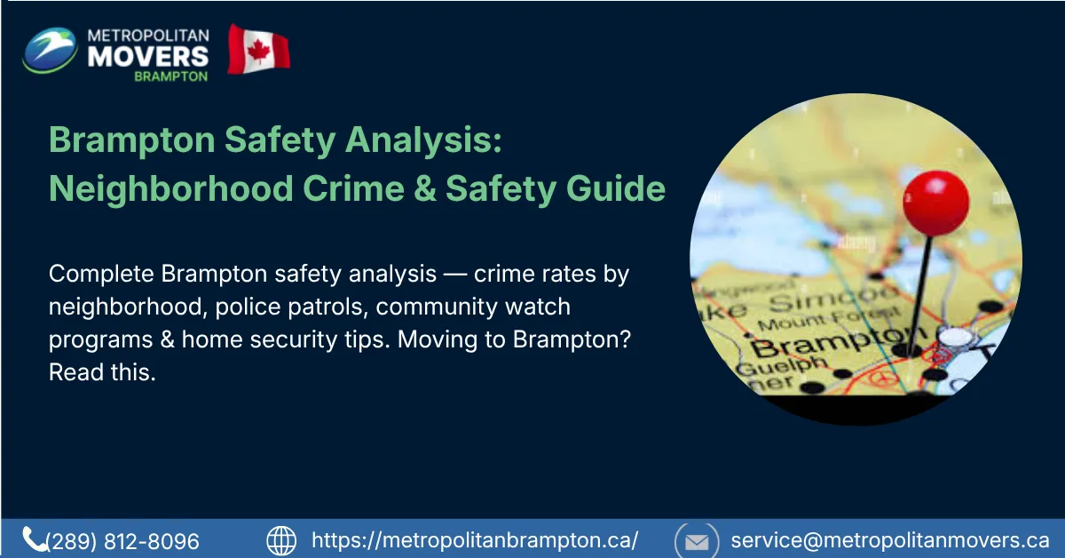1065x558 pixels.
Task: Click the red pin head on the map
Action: click(x=935, y=203)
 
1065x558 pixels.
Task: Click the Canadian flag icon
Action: click(x=258, y=50)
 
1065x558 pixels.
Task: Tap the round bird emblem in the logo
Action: click(x=51, y=51)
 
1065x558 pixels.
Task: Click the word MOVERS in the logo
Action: click(x=147, y=55)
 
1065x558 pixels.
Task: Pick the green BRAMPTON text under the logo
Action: click(x=171, y=76)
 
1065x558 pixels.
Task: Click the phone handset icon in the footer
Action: click(x=35, y=538)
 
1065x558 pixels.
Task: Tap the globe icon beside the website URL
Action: click(x=281, y=539)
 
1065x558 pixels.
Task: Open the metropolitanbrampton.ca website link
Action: click(x=475, y=539)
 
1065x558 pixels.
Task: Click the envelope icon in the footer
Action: click(x=697, y=540)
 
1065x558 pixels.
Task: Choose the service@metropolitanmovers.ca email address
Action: click(x=889, y=539)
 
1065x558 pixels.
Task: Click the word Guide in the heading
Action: click(x=620, y=189)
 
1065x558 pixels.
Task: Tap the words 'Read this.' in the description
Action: click(x=102, y=373)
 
